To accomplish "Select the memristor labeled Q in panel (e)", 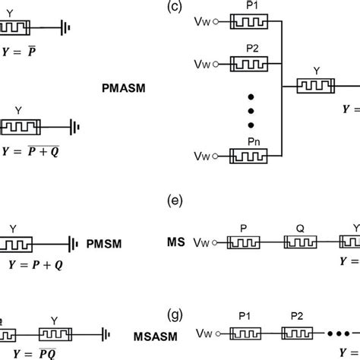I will point(306,243).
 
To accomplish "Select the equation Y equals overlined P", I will point(21,52).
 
